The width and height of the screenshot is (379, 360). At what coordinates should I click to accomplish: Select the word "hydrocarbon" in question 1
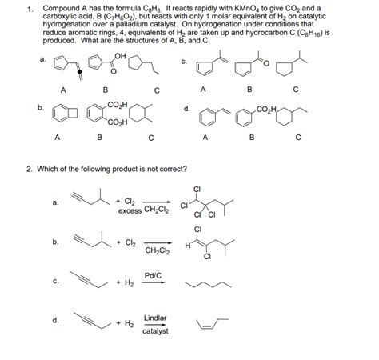pyautogui.click(x=285, y=34)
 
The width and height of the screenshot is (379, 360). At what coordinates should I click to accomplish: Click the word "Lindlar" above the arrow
pyautogui.click(x=154, y=318)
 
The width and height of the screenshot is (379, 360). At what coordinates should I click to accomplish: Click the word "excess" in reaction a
pyautogui.click(x=130, y=211)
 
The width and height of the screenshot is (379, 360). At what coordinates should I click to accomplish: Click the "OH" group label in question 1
pyautogui.click(x=121, y=54)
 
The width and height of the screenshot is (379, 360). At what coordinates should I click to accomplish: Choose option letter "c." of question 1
pyautogui.click(x=184, y=60)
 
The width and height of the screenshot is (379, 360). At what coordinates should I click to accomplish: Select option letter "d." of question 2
pyautogui.click(x=54, y=321)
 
